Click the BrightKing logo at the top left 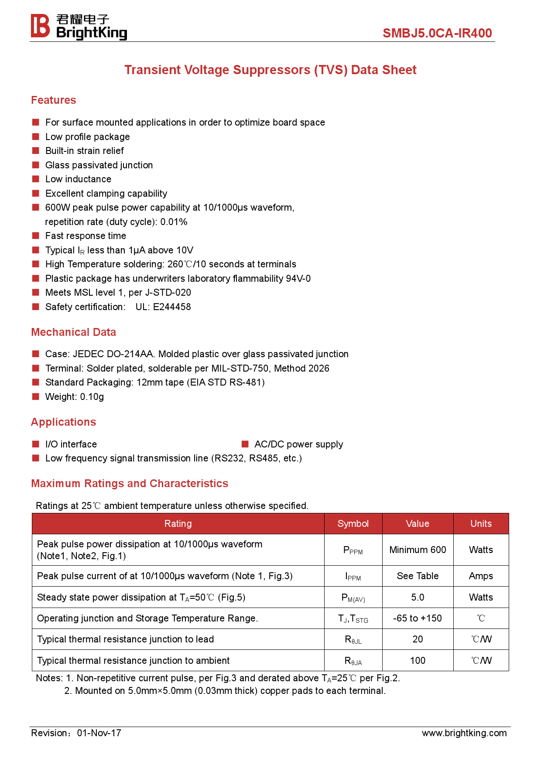[x=79, y=27]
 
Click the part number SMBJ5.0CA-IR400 [x=437, y=33]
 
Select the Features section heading [x=54, y=100]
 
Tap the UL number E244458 [x=172, y=307]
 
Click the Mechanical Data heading [x=73, y=332]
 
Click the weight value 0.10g [x=92, y=397]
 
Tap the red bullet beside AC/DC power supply [x=245, y=444]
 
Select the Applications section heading [x=64, y=422]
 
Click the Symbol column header [x=353, y=524]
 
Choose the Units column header [x=481, y=524]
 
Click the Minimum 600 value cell [x=418, y=550]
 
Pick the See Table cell [x=418, y=576]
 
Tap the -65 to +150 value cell [x=418, y=618]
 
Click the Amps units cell [x=481, y=576]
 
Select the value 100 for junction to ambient [x=418, y=661]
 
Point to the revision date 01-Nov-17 [x=99, y=733]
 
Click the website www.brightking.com [x=464, y=733]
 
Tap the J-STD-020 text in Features [x=168, y=293]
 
